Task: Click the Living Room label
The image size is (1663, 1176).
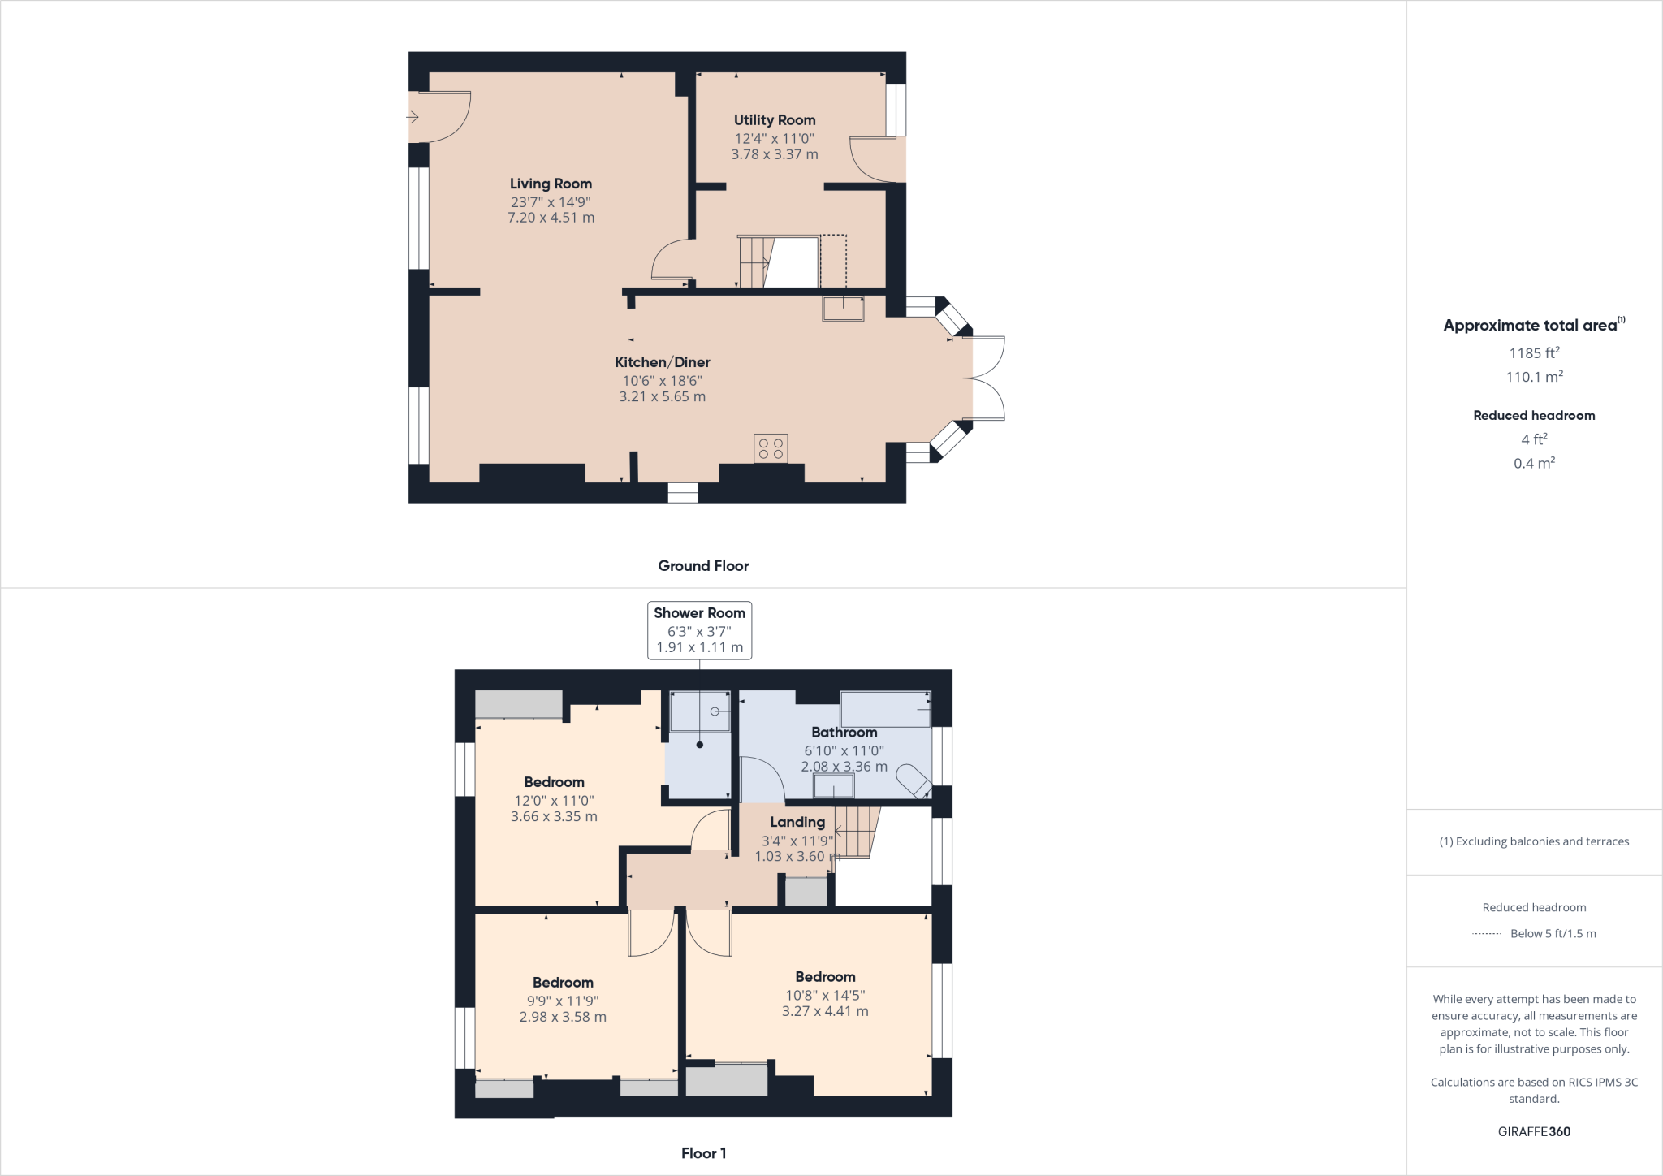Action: [551, 184]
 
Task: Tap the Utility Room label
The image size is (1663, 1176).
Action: [775, 120]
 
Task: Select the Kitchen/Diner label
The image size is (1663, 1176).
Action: [662, 362]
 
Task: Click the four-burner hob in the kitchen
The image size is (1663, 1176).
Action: [771, 448]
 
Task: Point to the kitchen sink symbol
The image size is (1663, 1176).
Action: [843, 309]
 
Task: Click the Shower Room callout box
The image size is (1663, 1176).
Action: [699, 630]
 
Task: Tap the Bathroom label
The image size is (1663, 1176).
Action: [844, 733]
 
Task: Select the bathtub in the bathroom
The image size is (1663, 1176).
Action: [885, 709]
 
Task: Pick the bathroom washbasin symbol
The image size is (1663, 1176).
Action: [834, 785]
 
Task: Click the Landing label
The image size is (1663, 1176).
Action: [797, 822]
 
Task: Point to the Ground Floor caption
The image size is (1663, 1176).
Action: [703, 566]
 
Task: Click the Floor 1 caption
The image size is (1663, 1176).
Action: [703, 1153]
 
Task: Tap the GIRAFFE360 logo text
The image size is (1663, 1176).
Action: [1534, 1131]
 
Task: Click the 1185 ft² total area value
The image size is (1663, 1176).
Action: [1534, 353]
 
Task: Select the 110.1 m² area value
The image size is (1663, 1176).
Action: [1534, 377]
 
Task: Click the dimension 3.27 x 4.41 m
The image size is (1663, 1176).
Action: [825, 1012]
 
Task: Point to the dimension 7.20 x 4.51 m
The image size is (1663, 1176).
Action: [551, 218]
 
